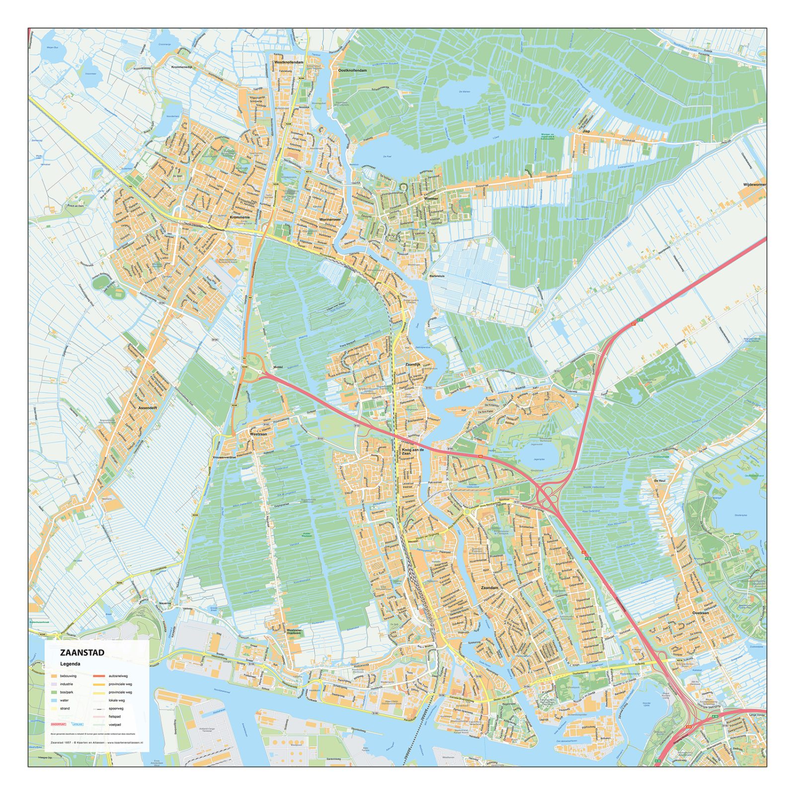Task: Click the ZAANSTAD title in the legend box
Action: pos(82,652)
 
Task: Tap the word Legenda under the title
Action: pos(70,664)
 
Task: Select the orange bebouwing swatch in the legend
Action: pos(54,676)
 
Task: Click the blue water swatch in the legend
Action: pos(54,700)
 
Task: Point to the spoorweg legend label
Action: pos(116,709)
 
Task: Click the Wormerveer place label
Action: pos(330,219)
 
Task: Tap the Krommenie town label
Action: pos(240,217)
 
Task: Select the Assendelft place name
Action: pos(148,407)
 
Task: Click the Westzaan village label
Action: pos(258,434)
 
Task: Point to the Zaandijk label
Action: pos(412,364)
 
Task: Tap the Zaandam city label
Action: pos(489,587)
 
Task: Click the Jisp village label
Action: pos(586,131)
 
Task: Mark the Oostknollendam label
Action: pos(352,71)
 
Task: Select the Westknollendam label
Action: pos(289,63)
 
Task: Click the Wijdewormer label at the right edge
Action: pos(754,184)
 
